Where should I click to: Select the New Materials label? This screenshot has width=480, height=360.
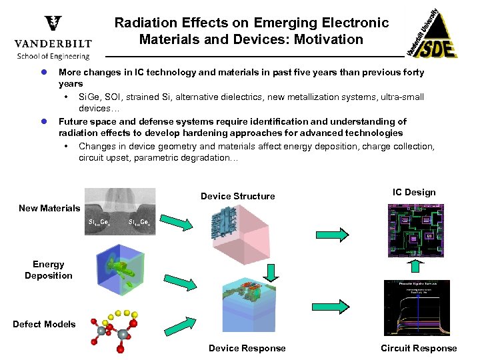tap(49, 208)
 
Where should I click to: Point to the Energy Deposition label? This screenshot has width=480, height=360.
tap(49, 270)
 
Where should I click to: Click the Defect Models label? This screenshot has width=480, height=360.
tap(44, 324)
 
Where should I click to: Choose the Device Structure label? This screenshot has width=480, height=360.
tap(237, 196)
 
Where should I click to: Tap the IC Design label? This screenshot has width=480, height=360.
tap(414, 192)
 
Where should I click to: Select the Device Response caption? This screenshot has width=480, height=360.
tap(247, 348)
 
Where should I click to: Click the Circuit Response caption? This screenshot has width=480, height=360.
tap(419, 348)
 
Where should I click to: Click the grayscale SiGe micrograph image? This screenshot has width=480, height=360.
tap(120, 210)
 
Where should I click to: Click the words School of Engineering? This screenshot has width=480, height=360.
tap(53, 57)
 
